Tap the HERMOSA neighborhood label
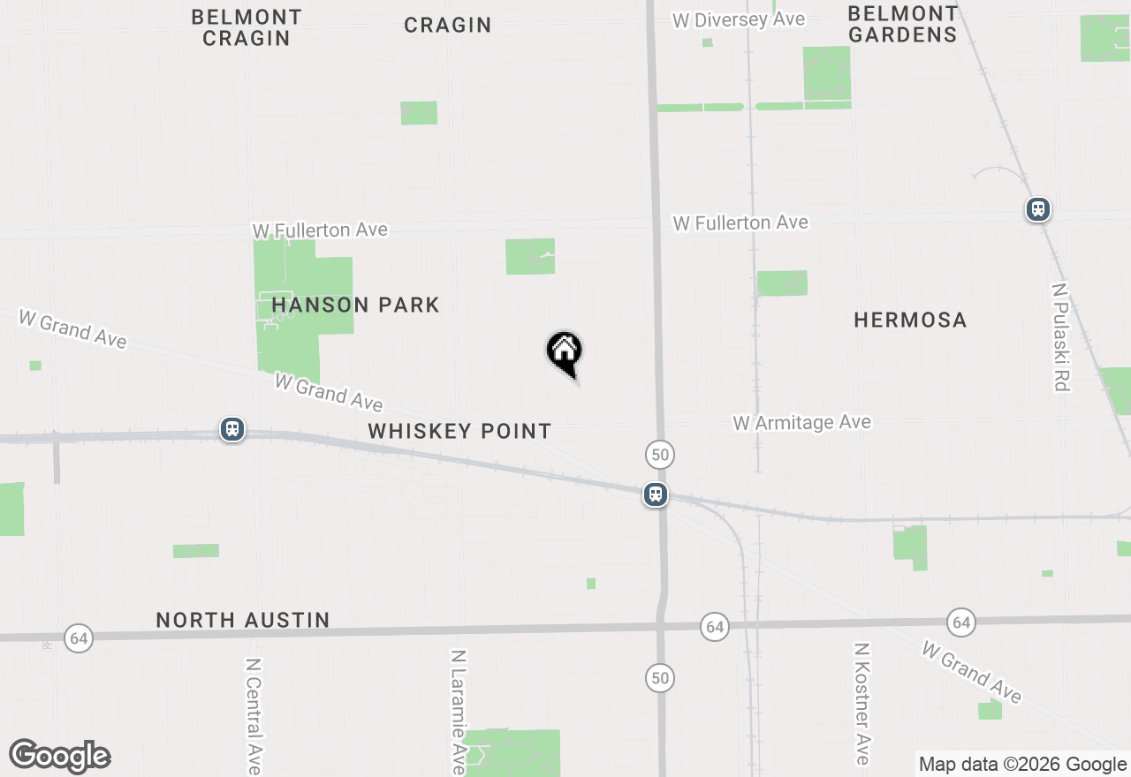click(x=910, y=320)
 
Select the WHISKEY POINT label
click(x=459, y=431)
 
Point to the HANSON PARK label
click(x=355, y=306)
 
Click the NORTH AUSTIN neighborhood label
click(x=243, y=621)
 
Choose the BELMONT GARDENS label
click(x=902, y=25)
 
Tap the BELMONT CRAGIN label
click(x=247, y=27)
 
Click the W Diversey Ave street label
click(x=739, y=19)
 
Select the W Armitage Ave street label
click(x=802, y=423)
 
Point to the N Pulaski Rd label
click(x=1061, y=336)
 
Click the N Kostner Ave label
click(x=862, y=704)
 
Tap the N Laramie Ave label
click(x=458, y=712)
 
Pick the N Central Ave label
click(x=254, y=715)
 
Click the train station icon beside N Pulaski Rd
click(x=1037, y=209)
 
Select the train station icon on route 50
click(x=655, y=494)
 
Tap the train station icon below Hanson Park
click(x=232, y=429)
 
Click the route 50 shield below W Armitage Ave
click(x=660, y=455)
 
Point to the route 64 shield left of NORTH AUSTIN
click(x=79, y=637)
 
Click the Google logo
click(x=60, y=756)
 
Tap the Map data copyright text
click(x=1022, y=765)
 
